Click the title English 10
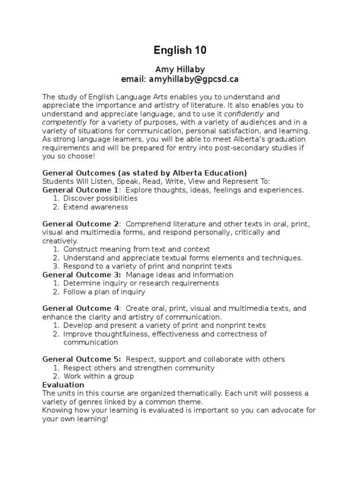[180, 50]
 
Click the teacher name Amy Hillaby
[180, 69]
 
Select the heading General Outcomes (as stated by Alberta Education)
[144, 172]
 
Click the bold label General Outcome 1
[81, 190]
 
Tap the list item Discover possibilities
[100, 198]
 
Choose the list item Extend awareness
[96, 207]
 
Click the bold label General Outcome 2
[81, 224]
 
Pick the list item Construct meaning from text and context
[136, 249]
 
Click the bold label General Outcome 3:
[82, 275]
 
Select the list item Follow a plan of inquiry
[104, 292]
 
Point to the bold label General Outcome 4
[81, 308]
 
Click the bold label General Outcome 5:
[82, 359]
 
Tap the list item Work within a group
[98, 376]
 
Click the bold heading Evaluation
[63, 385]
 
